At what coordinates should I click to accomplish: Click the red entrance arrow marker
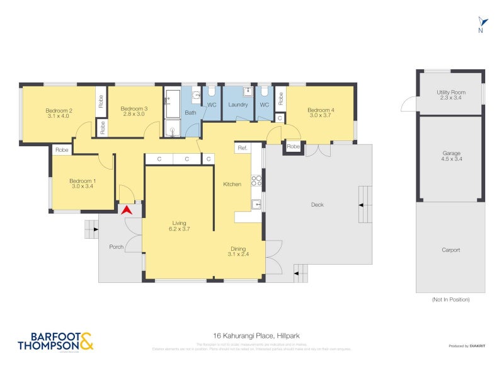pyautogui.click(x=127, y=210)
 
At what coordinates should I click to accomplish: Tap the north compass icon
pyautogui.click(x=481, y=25)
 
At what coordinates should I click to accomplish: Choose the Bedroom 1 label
pyautogui.click(x=82, y=181)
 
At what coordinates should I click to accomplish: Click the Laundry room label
pyautogui.click(x=238, y=105)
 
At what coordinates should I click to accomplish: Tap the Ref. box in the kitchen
pyautogui.click(x=242, y=148)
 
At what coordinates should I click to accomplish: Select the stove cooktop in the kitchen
pyautogui.click(x=256, y=181)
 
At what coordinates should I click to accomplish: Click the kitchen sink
pyautogui.click(x=256, y=204)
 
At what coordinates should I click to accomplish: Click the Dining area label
pyautogui.click(x=238, y=248)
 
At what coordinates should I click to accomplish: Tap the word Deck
pyautogui.click(x=318, y=204)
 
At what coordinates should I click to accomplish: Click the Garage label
pyautogui.click(x=450, y=153)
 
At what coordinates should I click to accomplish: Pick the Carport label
pyautogui.click(x=450, y=250)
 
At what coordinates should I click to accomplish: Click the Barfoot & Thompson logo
pyautogui.click(x=55, y=341)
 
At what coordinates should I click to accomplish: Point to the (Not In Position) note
pyautogui.click(x=450, y=300)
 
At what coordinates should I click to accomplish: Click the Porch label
pyautogui.click(x=117, y=246)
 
